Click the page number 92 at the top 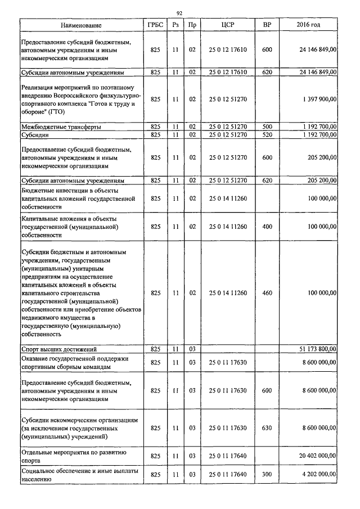(179, 13)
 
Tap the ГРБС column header (156, 26)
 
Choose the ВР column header (267, 26)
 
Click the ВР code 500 (267, 128)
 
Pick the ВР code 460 (267, 293)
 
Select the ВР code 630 (267, 428)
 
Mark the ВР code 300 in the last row (267, 475)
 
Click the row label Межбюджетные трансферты (61, 128)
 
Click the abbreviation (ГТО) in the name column (56, 112)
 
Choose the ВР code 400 (267, 227)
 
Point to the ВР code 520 (267, 136)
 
